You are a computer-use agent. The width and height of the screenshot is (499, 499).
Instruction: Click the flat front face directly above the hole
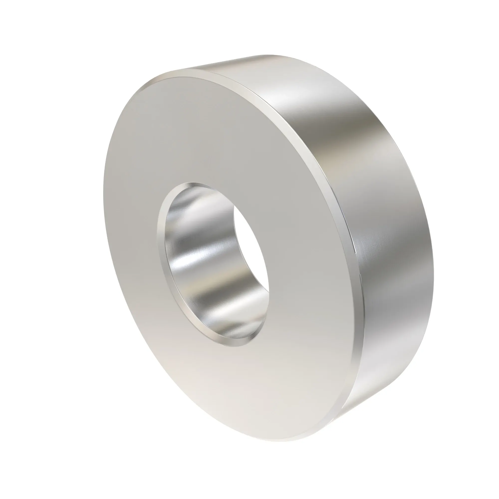tap(207, 129)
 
